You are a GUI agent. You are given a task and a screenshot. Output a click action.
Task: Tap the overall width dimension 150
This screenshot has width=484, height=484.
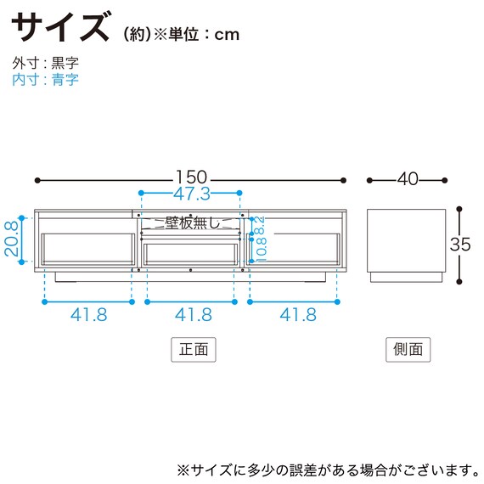click(x=191, y=178)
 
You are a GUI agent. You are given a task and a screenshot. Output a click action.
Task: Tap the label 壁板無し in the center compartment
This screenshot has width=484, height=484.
click(x=192, y=223)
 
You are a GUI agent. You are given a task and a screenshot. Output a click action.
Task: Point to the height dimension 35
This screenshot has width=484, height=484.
click(x=459, y=243)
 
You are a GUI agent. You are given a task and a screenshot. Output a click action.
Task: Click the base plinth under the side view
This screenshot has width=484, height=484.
click(x=407, y=276)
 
